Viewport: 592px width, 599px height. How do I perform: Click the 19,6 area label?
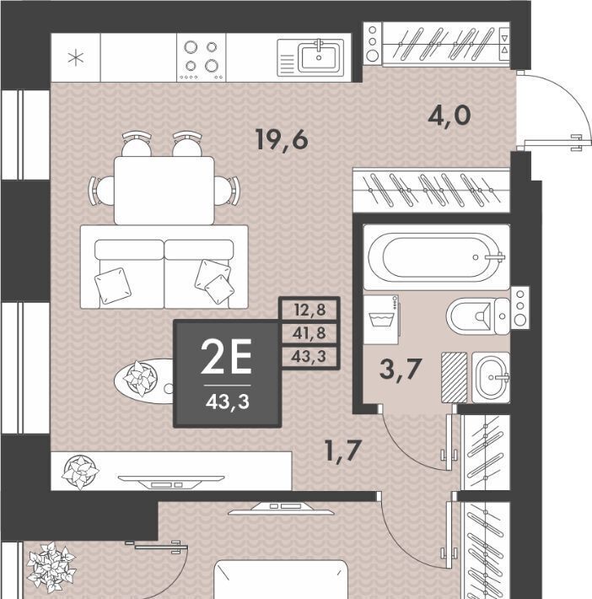click(x=282, y=140)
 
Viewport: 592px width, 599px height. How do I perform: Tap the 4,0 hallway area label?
click(x=449, y=116)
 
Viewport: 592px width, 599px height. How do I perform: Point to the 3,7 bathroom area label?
click(x=401, y=370)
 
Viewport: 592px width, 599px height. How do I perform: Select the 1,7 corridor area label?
click(x=342, y=451)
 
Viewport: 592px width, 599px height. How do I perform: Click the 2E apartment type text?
click(x=226, y=357)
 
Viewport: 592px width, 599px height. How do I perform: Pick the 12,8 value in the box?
click(x=310, y=310)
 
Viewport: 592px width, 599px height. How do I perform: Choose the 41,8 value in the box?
click(x=309, y=332)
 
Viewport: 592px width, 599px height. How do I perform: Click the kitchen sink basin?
click(x=319, y=57)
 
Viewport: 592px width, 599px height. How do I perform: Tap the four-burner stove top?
click(x=202, y=57)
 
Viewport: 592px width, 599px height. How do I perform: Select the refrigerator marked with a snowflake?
click(x=76, y=57)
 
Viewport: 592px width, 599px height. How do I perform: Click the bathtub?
click(x=436, y=256)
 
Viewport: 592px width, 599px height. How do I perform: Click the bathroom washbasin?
click(x=491, y=377)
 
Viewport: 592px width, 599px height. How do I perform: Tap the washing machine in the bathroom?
click(x=381, y=320)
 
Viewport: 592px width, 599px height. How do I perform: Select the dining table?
click(x=164, y=190)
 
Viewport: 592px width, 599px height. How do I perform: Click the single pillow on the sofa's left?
click(x=113, y=286)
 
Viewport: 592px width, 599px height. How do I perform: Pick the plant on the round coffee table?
click(x=140, y=379)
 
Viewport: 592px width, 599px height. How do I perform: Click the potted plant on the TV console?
click(x=81, y=472)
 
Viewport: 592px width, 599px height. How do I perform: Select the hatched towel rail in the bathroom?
click(x=455, y=377)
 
